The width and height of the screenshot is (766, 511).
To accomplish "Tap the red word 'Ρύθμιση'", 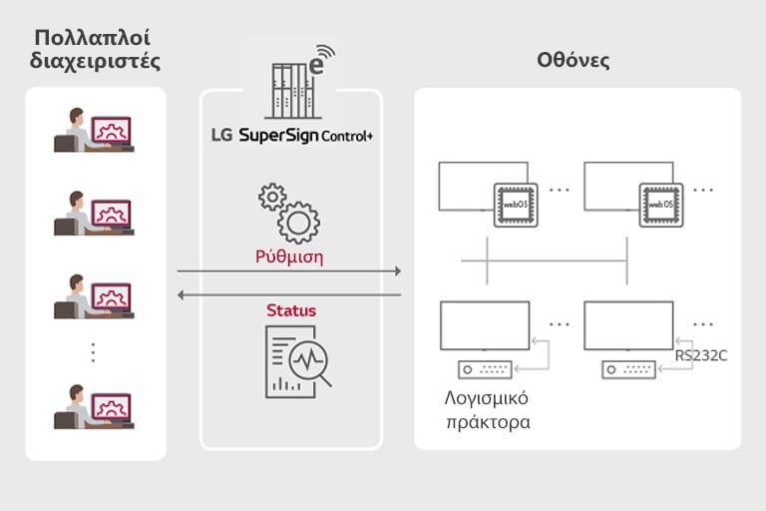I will tap(289, 256).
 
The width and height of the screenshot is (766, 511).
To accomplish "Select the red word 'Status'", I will tap(291, 310).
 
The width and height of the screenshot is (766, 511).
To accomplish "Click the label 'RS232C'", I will tap(700, 354).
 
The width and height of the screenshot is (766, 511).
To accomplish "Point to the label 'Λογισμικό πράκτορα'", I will tap(487, 410).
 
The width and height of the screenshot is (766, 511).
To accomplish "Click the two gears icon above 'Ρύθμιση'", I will tap(289, 212).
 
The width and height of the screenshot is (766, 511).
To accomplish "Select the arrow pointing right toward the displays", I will tap(289, 271).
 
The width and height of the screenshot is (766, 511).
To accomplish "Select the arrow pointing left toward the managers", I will tap(289, 294).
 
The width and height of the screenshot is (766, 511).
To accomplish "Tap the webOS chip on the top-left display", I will tap(516, 203).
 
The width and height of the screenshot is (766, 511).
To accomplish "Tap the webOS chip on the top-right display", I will tap(660, 203).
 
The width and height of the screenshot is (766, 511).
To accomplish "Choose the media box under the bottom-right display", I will tap(628, 369).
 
